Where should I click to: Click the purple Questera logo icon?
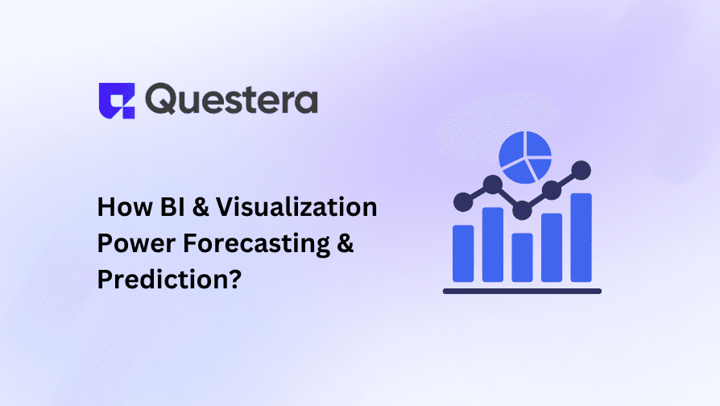point(115,100)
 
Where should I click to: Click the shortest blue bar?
point(522,257)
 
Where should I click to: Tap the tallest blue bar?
point(581,237)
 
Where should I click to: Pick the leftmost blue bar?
point(463,252)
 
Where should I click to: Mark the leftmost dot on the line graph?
point(462,201)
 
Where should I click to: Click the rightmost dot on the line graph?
point(581,170)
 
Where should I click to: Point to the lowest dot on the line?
point(522,210)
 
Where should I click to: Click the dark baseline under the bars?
point(522,291)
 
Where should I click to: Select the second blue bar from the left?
point(492,244)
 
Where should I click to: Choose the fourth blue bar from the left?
point(552,247)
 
